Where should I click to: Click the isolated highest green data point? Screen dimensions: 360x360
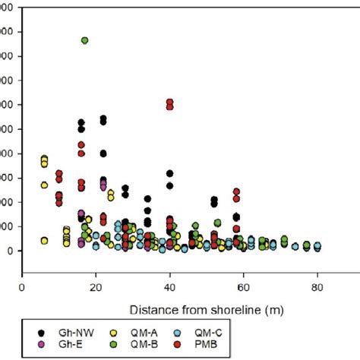click(x=85, y=40)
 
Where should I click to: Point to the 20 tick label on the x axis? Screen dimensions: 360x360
click(x=96, y=288)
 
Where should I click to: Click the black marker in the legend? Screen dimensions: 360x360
click(x=41, y=333)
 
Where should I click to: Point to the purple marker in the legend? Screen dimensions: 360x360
click(x=41, y=345)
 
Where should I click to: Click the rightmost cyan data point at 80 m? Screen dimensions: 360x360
click(x=317, y=246)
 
